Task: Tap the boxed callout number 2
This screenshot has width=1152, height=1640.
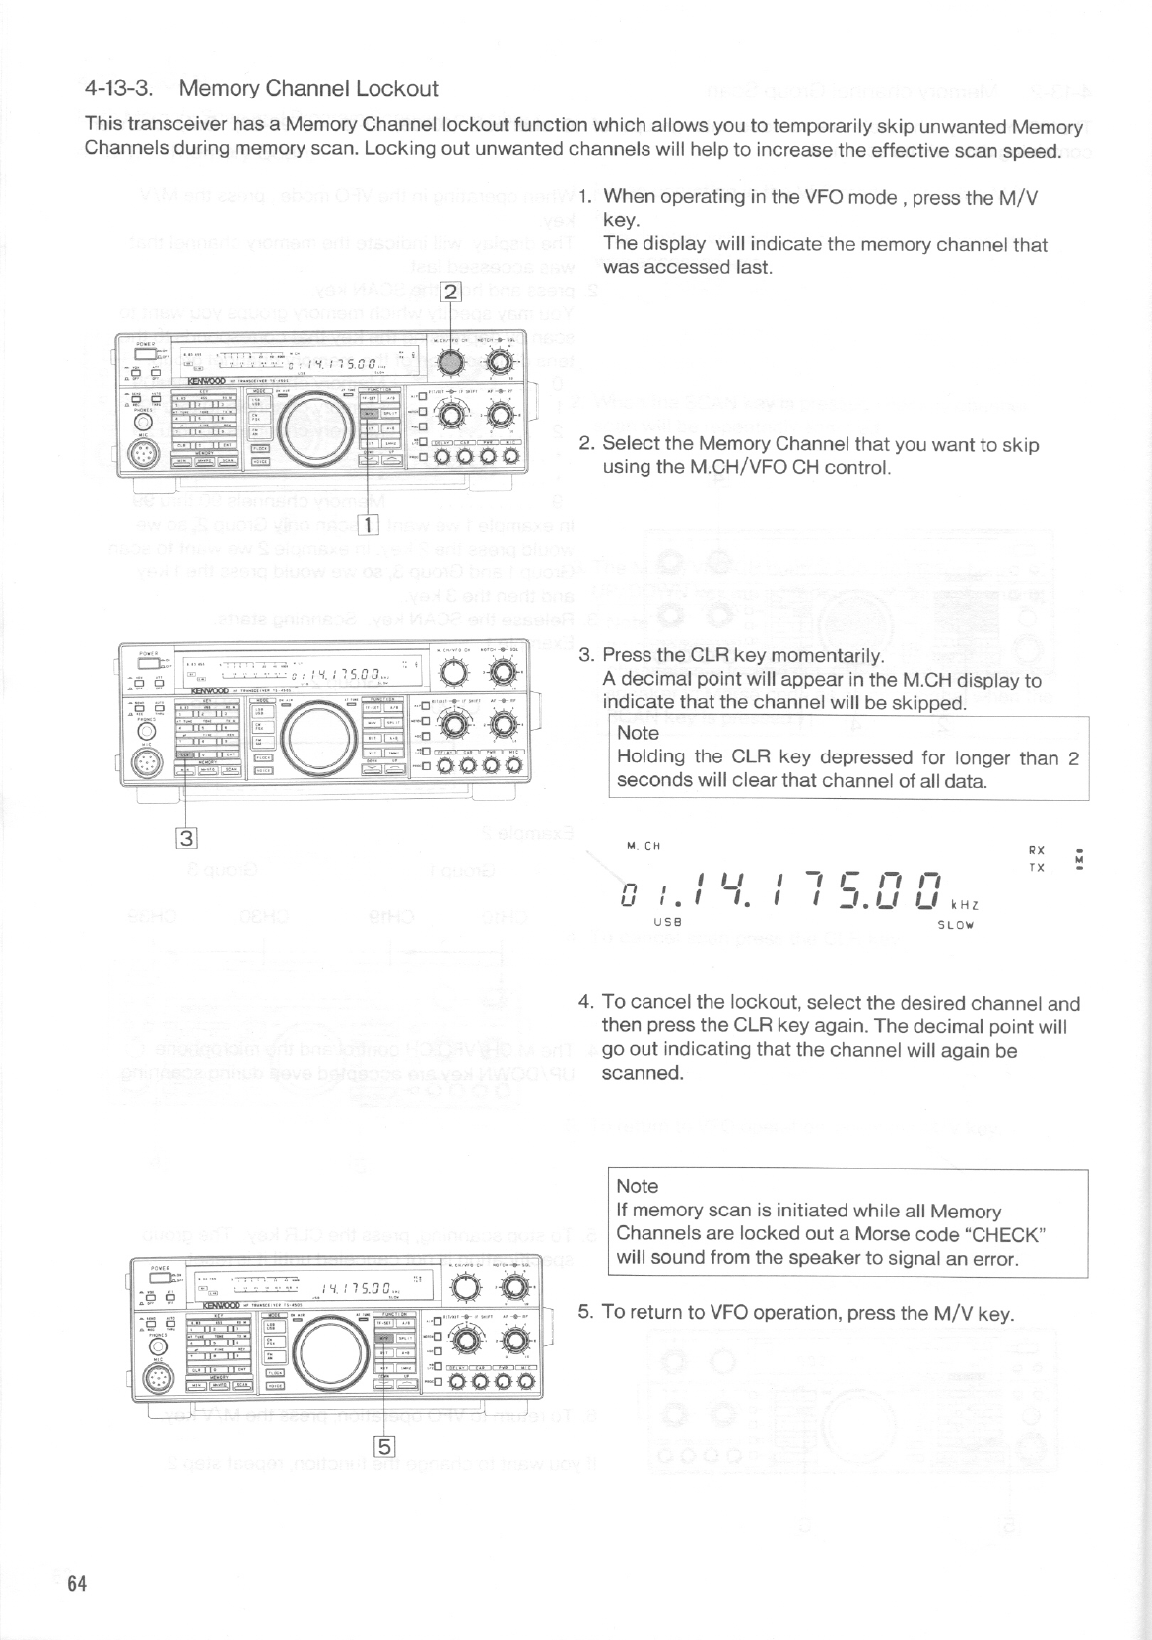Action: [x=449, y=292]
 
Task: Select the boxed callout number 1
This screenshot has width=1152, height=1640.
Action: [x=369, y=523]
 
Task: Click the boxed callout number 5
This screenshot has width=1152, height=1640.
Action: [x=383, y=1446]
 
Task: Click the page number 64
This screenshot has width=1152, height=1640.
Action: [x=78, y=1585]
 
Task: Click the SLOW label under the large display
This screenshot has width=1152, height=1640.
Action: [x=957, y=925]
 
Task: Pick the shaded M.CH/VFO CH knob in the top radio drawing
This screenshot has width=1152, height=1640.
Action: [x=449, y=362]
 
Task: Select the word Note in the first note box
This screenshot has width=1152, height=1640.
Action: [x=637, y=733]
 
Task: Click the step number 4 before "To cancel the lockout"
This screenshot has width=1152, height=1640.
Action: [x=585, y=1004]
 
